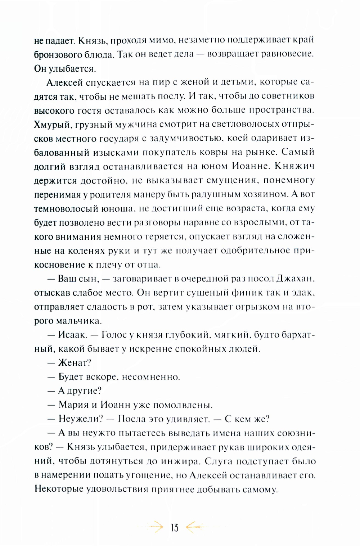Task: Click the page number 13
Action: click(175, 528)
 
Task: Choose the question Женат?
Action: click(75, 363)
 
